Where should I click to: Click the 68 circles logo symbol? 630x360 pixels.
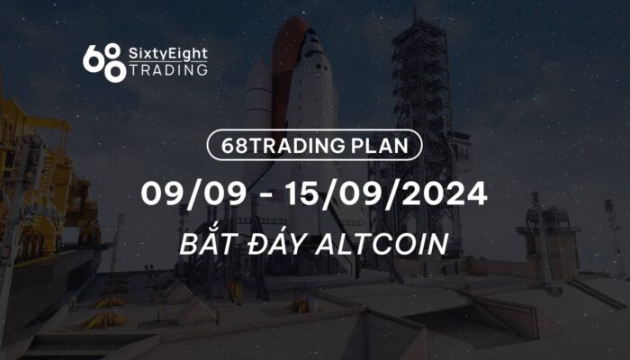point(103,63)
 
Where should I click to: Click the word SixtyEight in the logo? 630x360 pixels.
point(168,54)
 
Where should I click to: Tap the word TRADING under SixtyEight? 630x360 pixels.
point(168,70)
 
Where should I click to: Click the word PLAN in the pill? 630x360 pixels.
point(380,146)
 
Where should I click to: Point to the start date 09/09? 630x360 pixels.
point(193,193)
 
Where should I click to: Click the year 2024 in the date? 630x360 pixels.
point(445,193)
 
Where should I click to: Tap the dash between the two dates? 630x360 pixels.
point(266,195)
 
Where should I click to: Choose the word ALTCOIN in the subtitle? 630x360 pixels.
point(382,244)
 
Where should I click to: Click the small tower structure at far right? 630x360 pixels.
point(548,237)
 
